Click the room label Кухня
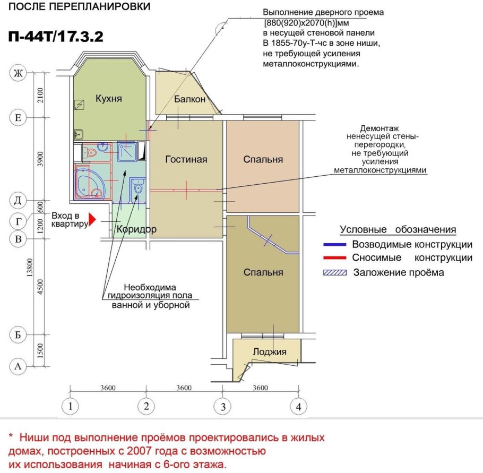coord(109,99)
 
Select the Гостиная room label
coord(186,159)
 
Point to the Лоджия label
coord(269,351)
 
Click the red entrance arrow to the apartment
coord(92,219)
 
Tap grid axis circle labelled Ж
coord(19,73)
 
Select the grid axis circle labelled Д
coord(19,200)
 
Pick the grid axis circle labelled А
coord(19,366)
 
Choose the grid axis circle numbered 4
coord(298,407)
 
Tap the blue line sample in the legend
coord(334,245)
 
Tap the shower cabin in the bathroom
coord(127,152)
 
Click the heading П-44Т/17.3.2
coord(56,37)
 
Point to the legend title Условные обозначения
coord(398,230)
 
